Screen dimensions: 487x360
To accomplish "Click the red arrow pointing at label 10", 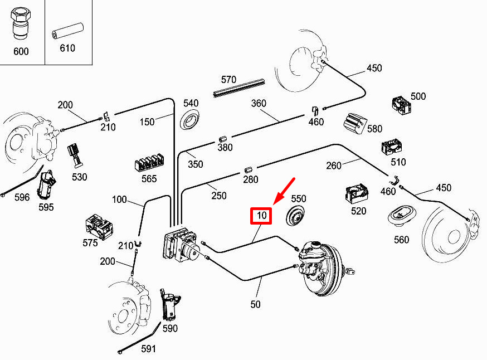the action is coord(284,191).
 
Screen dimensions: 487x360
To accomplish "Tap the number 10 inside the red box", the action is coord(261,215).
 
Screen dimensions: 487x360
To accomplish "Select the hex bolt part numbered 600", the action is coord(20,24).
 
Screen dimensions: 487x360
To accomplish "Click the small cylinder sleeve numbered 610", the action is coord(68,31).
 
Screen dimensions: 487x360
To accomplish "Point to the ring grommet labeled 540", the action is coord(190,120).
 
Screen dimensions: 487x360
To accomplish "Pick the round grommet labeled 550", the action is coord(295,215).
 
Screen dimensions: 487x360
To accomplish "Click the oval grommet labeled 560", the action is coord(402,216).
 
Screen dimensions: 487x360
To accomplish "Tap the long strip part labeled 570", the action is coord(239,88).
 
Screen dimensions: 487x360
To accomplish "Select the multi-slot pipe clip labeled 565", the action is coord(149,162).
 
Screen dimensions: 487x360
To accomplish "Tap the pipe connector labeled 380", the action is coord(223,139).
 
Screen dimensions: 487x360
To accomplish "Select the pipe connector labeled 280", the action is coord(248,170).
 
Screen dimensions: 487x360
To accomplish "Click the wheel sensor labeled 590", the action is coord(170,305).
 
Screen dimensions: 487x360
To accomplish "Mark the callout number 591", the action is coord(148,349).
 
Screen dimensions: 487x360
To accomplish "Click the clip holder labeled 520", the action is coord(357,193).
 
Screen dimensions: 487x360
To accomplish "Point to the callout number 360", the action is coord(259,103).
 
